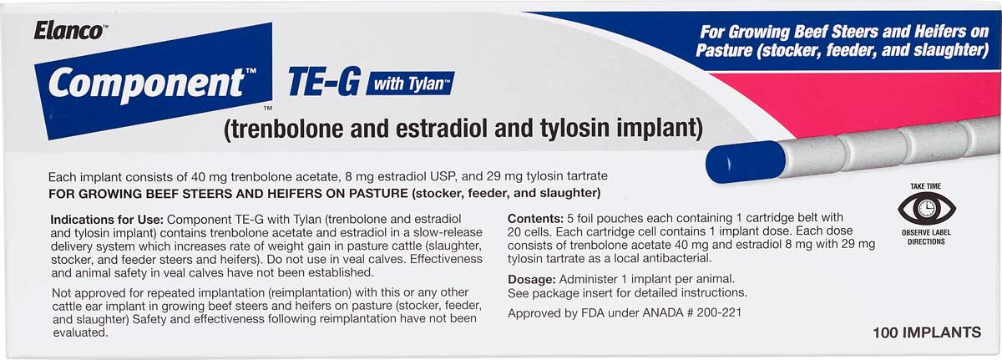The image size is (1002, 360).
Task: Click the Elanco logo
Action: [x=70, y=31]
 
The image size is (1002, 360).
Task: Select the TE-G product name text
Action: [x=324, y=82]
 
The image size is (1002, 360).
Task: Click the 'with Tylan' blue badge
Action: [x=410, y=84]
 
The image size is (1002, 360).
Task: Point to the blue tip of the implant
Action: [x=745, y=162]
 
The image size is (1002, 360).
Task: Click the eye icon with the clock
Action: [x=926, y=209]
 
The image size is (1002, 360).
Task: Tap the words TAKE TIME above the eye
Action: [x=925, y=186]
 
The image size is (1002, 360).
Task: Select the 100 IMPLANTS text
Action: [x=927, y=332]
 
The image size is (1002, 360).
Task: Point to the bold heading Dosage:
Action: [x=531, y=280]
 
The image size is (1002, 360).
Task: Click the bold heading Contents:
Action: [x=535, y=219]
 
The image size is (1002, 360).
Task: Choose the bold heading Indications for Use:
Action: [x=107, y=220]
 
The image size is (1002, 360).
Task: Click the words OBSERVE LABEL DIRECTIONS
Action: [x=926, y=237]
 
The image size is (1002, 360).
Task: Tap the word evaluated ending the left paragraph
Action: [x=80, y=332]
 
